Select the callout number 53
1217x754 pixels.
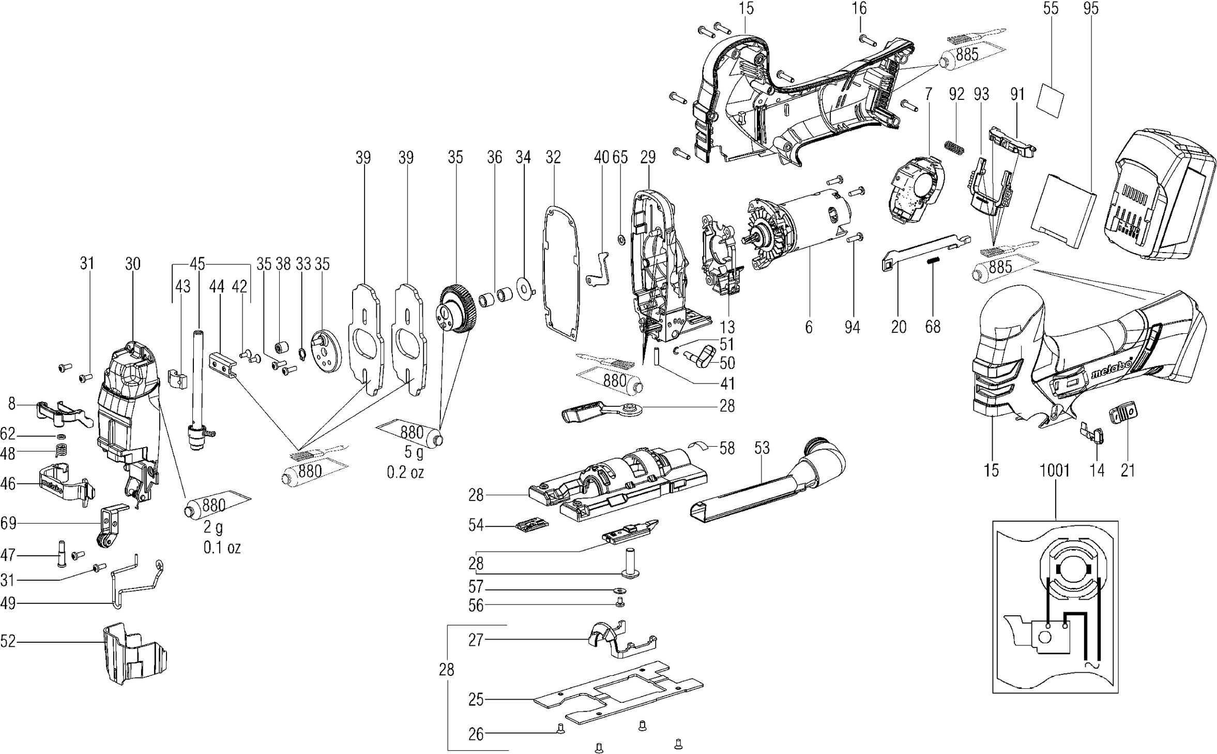pos(762,448)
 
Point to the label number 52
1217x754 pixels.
pos(8,642)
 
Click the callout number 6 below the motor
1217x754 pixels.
pos(809,327)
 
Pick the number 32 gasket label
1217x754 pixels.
pos(553,157)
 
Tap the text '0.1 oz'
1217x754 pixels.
pos(222,548)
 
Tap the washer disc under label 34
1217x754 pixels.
pos(524,288)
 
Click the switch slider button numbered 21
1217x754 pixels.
pos(1121,428)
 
